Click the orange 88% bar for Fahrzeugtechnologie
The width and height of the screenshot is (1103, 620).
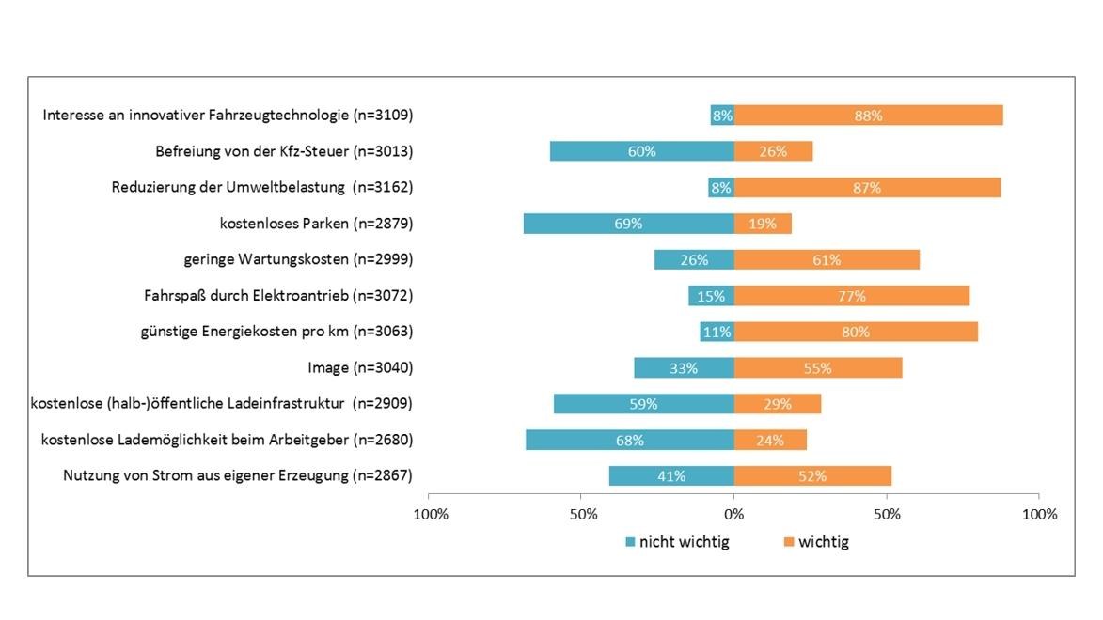coord(868,116)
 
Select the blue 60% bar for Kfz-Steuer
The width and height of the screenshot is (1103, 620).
coord(642,151)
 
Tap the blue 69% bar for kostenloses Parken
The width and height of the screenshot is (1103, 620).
coord(628,224)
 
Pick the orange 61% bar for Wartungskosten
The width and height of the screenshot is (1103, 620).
coord(827,260)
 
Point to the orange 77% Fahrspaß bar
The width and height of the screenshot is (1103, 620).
coord(851,296)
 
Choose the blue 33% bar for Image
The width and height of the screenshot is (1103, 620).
coord(684,368)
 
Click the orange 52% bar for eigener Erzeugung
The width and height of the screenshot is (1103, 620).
coord(812,476)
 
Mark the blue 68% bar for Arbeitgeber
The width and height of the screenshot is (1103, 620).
coord(630,441)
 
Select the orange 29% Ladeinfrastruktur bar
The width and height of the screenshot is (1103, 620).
coord(778,404)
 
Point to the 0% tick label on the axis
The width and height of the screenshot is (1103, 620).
coord(734,514)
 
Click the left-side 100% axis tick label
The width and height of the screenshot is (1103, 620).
coord(431,514)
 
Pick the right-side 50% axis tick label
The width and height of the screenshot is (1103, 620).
coord(887,514)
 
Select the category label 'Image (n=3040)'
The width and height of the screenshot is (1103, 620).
coord(360,368)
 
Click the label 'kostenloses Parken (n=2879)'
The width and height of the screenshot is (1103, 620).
coord(316,224)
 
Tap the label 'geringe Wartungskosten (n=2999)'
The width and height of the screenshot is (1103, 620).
coord(298,260)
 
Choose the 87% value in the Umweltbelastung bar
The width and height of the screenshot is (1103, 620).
coord(867,188)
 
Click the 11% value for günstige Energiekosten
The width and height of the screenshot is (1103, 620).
coord(717,332)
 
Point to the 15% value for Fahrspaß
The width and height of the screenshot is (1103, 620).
coord(711,296)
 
